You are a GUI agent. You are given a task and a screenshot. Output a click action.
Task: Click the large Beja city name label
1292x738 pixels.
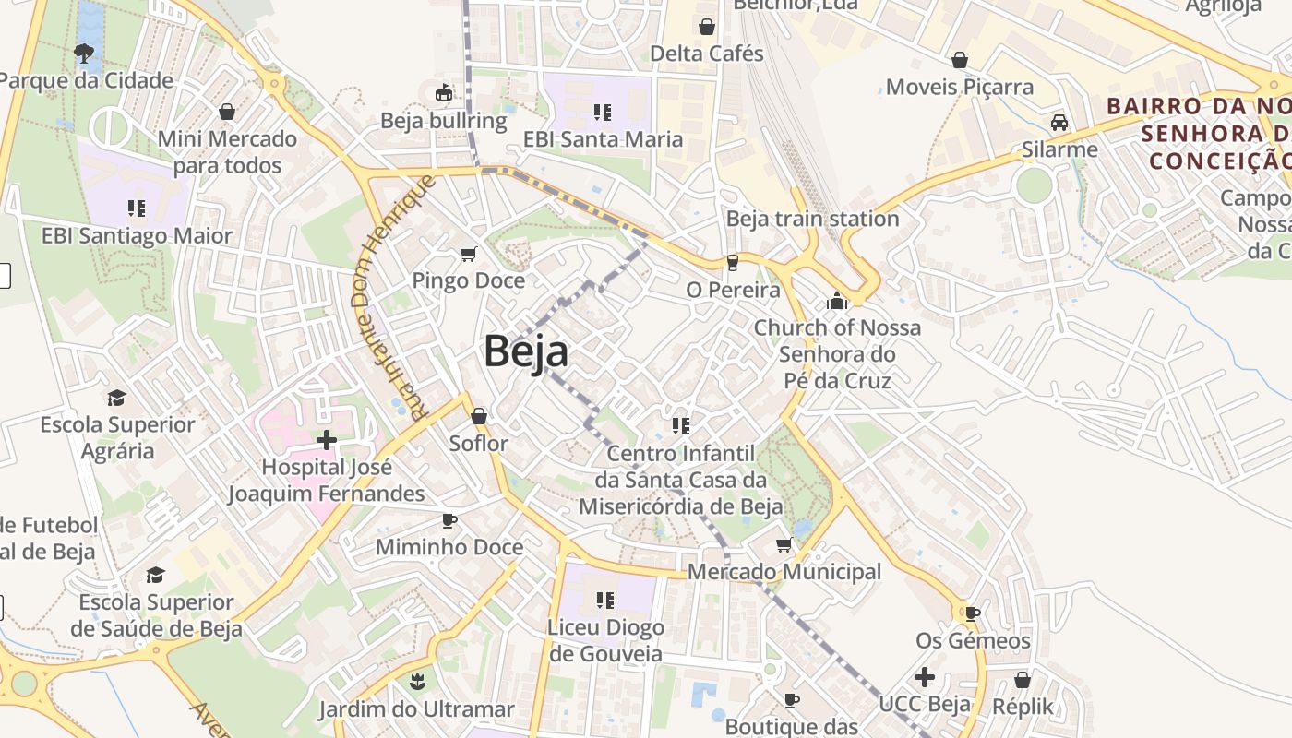[526, 351]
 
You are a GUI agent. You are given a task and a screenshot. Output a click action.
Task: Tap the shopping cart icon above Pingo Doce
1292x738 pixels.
[469, 254]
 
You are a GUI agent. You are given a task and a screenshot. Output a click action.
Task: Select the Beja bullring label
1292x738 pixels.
[444, 121]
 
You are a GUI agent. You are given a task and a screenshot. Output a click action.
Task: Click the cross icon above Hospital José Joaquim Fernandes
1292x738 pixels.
[326, 440]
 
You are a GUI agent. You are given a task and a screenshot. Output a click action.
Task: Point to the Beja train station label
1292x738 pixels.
[812, 219]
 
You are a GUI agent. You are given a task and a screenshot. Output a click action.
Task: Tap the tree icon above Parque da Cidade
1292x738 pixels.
[85, 53]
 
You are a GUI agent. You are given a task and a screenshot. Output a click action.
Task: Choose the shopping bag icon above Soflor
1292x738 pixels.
[478, 417]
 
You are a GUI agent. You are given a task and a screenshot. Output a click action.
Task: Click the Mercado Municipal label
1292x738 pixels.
[784, 572]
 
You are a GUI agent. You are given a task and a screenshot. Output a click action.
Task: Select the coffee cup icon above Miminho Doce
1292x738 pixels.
[449, 520]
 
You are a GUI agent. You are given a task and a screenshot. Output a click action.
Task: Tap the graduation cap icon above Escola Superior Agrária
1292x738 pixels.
[116, 398]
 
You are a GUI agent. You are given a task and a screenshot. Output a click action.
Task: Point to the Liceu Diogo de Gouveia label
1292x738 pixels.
[606, 640]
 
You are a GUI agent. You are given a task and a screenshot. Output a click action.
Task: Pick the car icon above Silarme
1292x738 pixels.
[1059, 123]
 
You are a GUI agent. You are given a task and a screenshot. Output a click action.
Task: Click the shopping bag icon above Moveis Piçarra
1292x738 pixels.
[960, 60]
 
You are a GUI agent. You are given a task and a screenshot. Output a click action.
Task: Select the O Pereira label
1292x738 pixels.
[733, 290]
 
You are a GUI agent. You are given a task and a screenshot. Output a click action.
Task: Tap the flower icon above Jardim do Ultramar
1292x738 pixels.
[416, 683]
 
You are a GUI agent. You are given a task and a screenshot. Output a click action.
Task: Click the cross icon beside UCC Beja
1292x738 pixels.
[924, 678]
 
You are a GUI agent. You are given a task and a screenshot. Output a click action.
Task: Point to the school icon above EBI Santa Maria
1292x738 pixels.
[603, 113]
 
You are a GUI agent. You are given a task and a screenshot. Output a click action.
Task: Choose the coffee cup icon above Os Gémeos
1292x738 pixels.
[972, 613]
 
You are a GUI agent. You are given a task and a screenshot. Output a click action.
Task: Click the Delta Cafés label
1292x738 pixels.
[707, 54]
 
